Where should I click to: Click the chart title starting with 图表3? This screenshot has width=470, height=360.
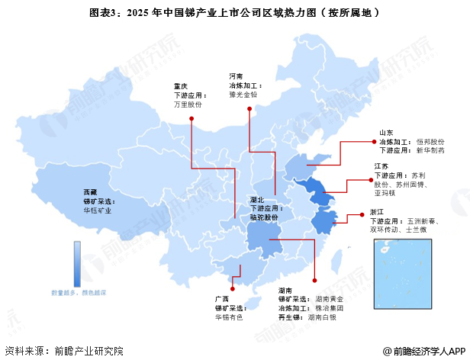coord(234,13)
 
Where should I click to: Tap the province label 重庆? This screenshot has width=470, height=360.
coord(181,86)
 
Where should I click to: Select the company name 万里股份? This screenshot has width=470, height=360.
coord(188,104)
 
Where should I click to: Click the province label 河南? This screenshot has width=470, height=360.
coord(237,76)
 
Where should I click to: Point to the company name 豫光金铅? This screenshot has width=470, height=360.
coord(243,95)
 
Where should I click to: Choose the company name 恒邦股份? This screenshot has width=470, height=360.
coord(431,142)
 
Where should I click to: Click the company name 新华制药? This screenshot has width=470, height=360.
coord(431,151)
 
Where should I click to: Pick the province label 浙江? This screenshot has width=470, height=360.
coord(376,211)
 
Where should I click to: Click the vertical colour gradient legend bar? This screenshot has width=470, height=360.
coord(77,262)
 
